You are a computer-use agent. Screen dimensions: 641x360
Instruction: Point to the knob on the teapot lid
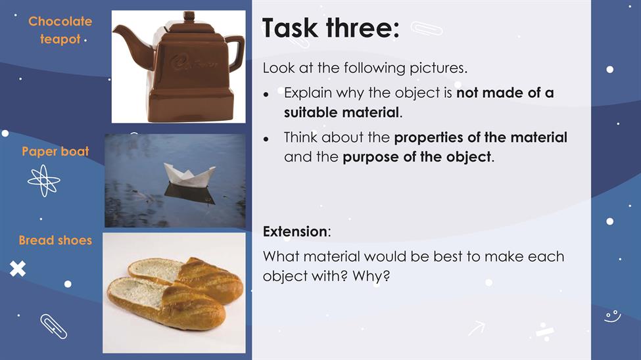coord(189,17)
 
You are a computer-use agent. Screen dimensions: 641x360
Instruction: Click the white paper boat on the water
coord(189,175)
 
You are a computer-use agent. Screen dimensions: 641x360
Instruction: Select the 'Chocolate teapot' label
coord(60,30)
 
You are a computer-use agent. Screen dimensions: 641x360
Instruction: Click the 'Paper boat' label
coord(55,151)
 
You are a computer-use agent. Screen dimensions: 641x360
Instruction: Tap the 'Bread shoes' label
coord(55,240)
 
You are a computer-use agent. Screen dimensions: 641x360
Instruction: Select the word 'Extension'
coord(295,231)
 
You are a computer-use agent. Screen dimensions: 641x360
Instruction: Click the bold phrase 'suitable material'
coord(341,112)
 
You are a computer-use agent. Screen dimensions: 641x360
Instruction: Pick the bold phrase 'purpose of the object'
coord(417,157)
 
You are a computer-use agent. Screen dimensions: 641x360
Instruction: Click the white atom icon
coord(44,181)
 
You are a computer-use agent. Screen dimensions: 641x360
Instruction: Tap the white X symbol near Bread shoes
coord(18,269)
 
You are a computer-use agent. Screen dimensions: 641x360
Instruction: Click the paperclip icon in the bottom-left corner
coord(53,326)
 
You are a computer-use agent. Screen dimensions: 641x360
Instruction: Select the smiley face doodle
coord(613,316)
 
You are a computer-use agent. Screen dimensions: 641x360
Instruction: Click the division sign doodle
coord(545,332)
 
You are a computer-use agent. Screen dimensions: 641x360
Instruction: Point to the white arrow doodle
coord(477,328)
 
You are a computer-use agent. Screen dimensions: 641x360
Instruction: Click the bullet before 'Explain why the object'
coord(266,95)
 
